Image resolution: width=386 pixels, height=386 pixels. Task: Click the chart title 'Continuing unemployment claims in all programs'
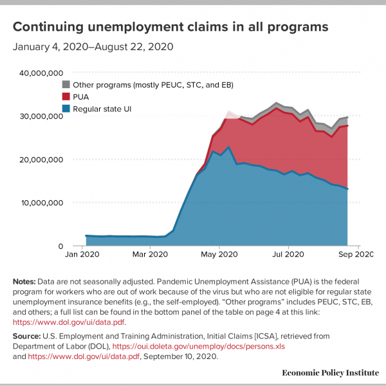pos(170,27)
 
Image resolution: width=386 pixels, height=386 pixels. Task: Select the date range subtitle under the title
pos(93,47)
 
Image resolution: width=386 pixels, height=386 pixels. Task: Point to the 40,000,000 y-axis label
pos(41,73)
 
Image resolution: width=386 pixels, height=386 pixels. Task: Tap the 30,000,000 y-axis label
pos(41,116)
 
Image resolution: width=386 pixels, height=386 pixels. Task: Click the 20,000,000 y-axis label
pos(41,160)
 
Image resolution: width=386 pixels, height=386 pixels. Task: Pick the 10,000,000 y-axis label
pos(42,203)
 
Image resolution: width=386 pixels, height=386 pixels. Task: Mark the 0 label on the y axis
pos(60,246)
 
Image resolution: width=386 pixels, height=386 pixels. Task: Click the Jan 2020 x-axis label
pos(82,254)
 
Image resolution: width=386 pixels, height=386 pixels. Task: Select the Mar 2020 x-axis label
pos(150,254)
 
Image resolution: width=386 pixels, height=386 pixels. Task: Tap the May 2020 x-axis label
pos(219,254)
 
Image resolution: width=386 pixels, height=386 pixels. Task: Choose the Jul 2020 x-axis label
pos(288,254)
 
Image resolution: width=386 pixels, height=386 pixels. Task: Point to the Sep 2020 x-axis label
pos(356,254)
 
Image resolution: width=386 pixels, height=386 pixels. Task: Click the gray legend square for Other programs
pos(66,84)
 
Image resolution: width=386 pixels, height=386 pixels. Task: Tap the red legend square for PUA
pos(66,96)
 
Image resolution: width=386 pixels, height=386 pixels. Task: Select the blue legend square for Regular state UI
pos(66,109)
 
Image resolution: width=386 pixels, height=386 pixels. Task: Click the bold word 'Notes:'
pos(24,282)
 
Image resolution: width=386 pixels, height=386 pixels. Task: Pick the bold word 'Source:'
pos(26,336)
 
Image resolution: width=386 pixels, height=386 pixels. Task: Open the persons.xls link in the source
pos(198,347)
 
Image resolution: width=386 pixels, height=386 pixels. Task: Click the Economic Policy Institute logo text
pos(331,372)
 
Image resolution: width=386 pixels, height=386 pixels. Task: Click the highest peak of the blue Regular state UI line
pos(229,147)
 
